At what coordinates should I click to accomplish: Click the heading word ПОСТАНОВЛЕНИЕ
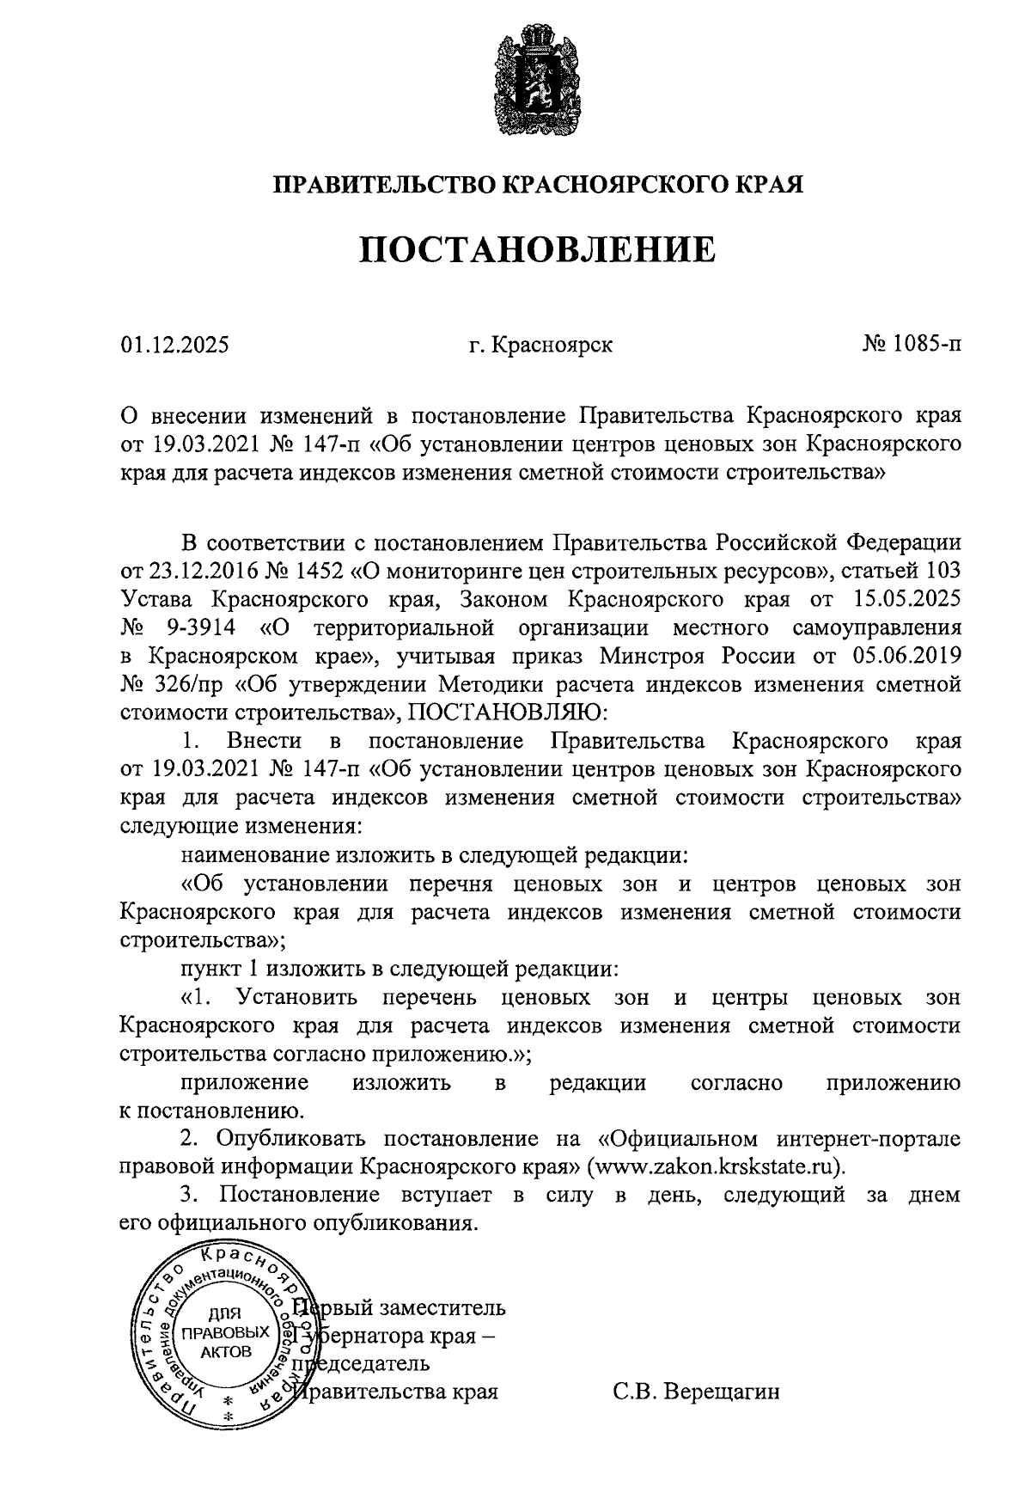coord(537,248)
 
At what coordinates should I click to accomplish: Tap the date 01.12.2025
coord(175,346)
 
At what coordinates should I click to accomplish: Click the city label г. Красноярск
coord(540,346)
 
